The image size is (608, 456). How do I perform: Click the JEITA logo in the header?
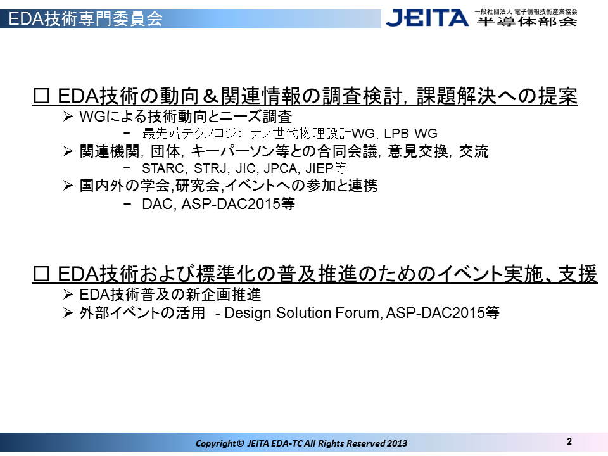click(x=427, y=18)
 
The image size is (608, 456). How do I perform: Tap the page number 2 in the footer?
click(x=569, y=441)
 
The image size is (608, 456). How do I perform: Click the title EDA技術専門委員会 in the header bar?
click(x=85, y=18)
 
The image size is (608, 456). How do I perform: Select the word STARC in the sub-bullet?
click(x=163, y=168)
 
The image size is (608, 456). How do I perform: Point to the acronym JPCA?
click(x=281, y=168)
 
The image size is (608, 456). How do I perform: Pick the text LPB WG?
click(x=410, y=134)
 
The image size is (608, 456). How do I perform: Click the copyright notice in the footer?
click(x=301, y=443)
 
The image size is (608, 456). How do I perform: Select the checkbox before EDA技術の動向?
click(x=42, y=96)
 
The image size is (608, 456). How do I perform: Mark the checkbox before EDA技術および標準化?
click(x=42, y=274)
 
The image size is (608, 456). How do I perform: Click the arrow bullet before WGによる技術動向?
click(x=68, y=117)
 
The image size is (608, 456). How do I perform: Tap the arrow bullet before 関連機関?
click(x=68, y=151)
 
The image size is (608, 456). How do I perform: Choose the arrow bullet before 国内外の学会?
click(x=68, y=186)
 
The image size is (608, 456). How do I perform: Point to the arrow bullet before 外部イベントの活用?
click(x=68, y=313)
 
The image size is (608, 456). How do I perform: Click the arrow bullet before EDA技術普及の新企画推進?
click(x=68, y=294)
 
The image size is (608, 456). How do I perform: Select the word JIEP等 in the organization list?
click(x=326, y=168)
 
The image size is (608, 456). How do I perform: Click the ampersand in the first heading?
click(x=210, y=96)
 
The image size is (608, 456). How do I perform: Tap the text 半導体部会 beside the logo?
click(x=526, y=22)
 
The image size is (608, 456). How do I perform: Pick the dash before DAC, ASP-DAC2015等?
click(x=127, y=203)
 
